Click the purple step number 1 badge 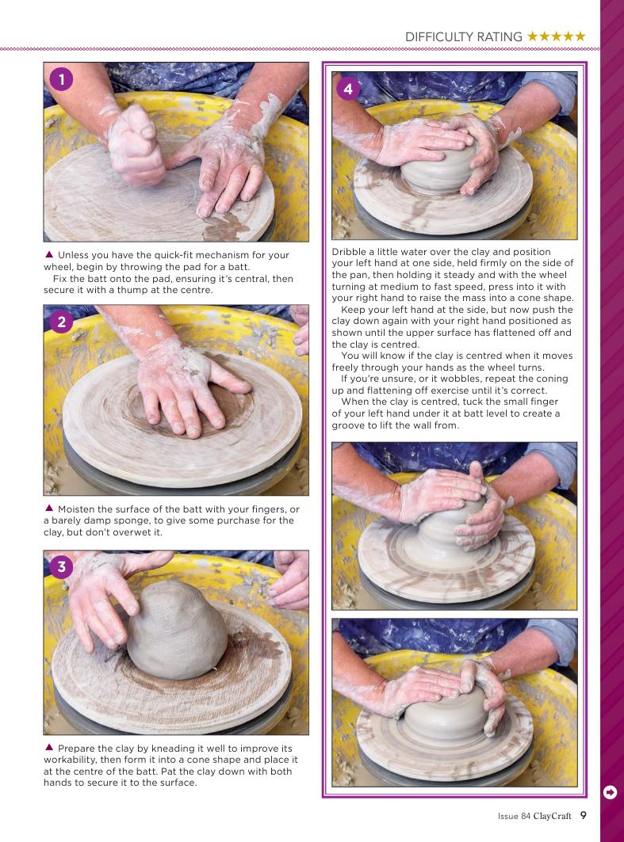(61, 79)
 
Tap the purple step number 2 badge (61, 322)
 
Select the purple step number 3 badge (61, 566)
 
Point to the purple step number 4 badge (348, 89)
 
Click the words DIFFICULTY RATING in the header (463, 36)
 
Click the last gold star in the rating (580, 36)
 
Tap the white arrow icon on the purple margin (610, 792)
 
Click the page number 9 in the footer (583, 815)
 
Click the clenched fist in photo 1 (134, 145)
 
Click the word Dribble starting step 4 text (348, 251)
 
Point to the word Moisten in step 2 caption (76, 509)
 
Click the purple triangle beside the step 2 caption (49, 508)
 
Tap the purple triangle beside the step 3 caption (49, 747)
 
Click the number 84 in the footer (526, 816)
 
